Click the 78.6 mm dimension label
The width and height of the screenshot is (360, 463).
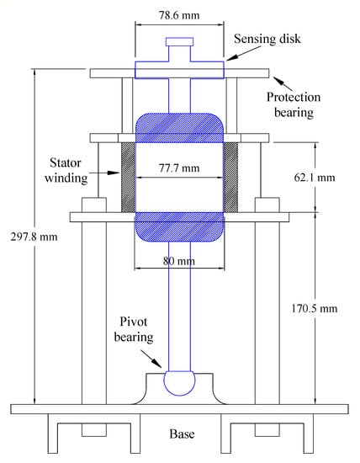[x=179, y=15]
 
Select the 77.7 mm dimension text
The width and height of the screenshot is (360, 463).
[x=179, y=168]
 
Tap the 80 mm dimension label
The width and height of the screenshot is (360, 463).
[x=179, y=261]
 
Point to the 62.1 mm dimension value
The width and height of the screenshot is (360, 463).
[x=315, y=177]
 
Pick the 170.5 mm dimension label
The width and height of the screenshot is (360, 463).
[x=315, y=308]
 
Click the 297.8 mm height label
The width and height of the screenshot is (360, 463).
[x=34, y=237]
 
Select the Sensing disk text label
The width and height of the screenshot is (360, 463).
[x=267, y=39]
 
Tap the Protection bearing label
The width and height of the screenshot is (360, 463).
[x=294, y=105]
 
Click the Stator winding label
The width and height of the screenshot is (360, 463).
[x=66, y=170]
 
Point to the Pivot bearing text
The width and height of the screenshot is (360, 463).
[x=134, y=329]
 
